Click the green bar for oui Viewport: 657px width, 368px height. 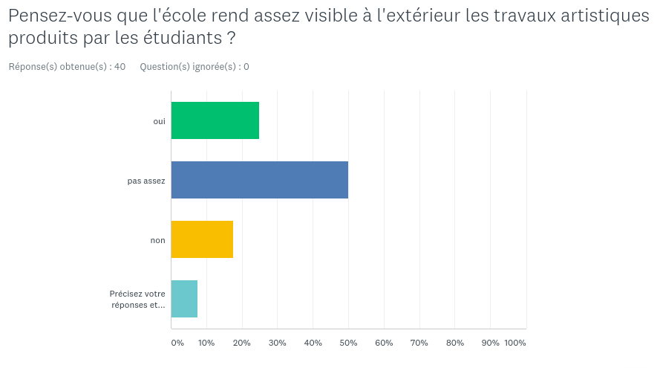215,120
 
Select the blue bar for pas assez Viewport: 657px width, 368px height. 260,180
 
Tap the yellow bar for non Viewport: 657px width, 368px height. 202,239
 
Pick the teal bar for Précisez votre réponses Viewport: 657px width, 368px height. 184,299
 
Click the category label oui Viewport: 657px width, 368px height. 159,121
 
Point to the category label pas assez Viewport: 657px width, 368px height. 146,181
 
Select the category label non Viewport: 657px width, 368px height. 157,240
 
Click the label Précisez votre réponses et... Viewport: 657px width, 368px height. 137,299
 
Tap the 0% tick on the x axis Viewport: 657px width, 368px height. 177,343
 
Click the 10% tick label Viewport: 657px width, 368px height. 206,343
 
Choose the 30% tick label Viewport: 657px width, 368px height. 277,343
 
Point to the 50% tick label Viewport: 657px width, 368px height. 348,343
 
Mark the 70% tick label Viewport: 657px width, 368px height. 419,343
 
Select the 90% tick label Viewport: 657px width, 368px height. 491,343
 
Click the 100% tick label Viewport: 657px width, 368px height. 515,343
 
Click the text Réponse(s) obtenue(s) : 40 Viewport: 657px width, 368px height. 67,67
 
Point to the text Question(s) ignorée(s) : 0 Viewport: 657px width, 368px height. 195,67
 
